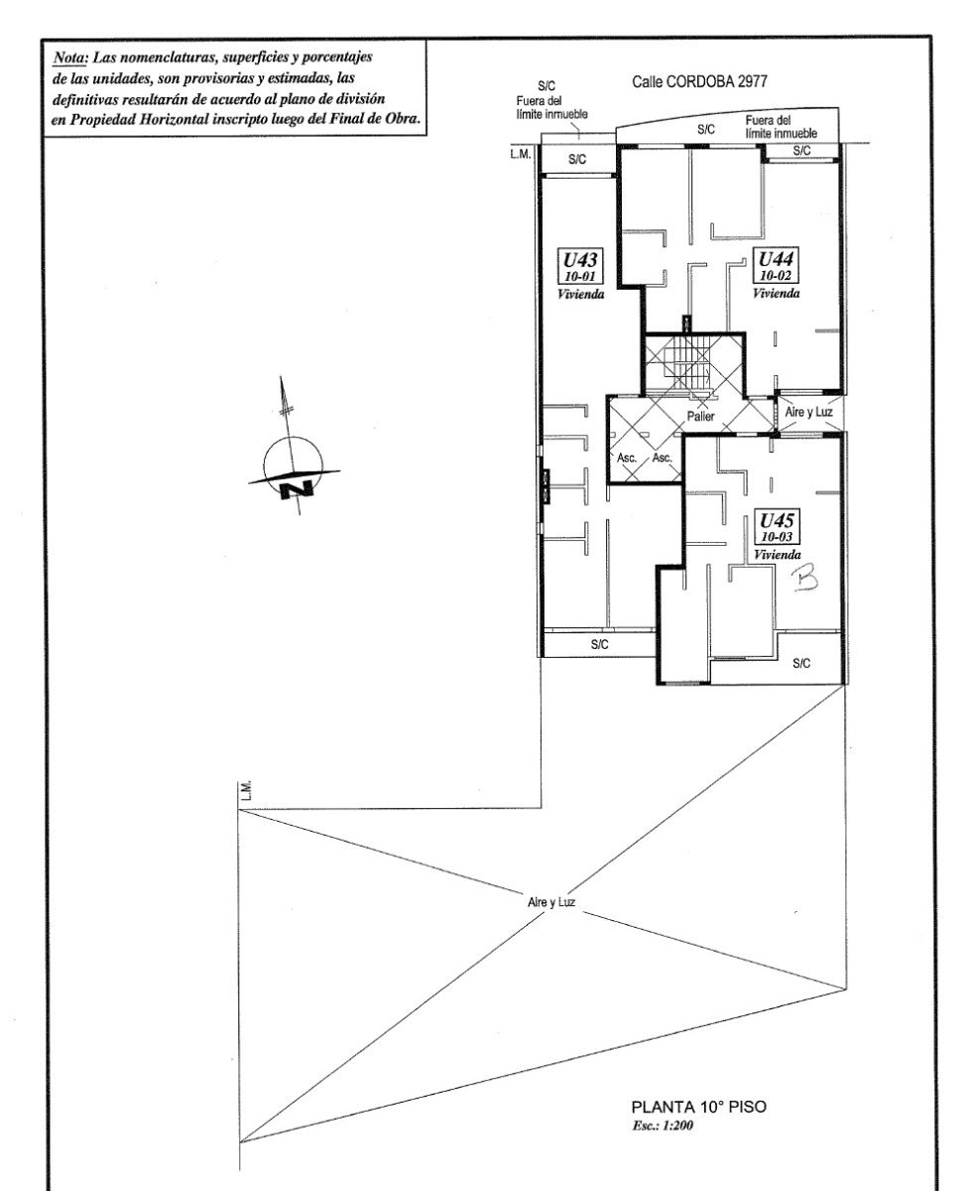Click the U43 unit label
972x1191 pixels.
click(579, 260)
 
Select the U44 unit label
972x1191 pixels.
click(776, 259)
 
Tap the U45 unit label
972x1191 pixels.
click(777, 520)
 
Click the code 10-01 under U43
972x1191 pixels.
click(579, 276)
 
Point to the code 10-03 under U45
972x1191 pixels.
click(777, 537)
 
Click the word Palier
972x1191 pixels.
click(700, 416)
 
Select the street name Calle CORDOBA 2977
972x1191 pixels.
click(699, 82)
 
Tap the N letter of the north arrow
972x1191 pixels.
click(297, 489)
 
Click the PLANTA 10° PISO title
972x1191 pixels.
click(699, 1107)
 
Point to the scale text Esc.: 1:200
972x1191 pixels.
click(663, 1125)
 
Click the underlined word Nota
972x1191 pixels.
click(70, 58)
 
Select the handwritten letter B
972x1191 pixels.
click(804, 579)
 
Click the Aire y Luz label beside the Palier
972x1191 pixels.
click(808, 412)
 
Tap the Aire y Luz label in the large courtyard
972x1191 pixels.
click(551, 902)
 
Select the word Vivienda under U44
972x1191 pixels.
click(777, 293)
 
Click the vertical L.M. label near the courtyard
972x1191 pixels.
click(246, 791)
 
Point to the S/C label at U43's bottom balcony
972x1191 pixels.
click(599, 644)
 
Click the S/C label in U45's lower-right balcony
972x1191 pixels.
click(801, 664)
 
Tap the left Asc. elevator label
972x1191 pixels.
click(627, 458)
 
